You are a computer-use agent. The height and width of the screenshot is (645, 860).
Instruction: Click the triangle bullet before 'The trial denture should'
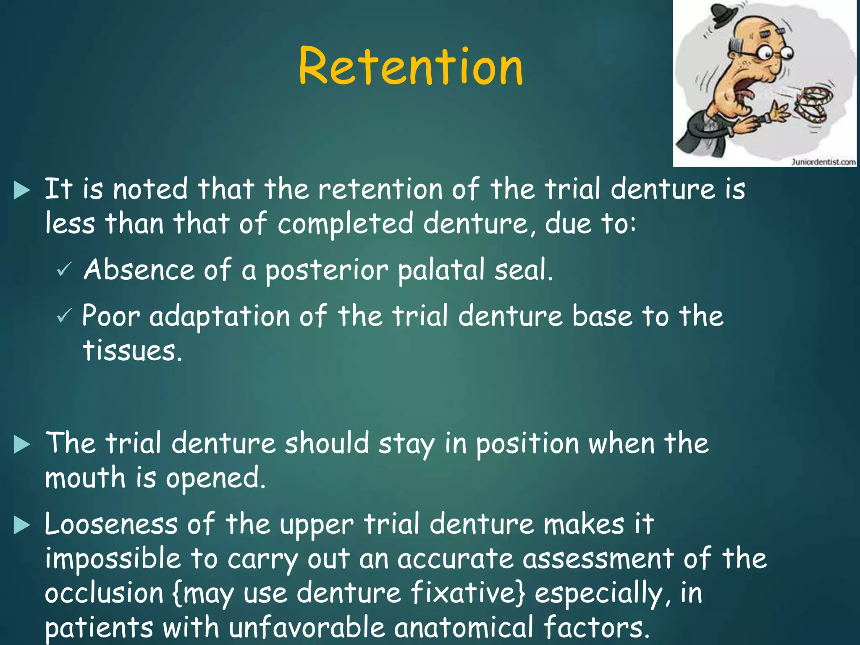22,445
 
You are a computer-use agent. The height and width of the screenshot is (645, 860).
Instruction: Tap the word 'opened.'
216,479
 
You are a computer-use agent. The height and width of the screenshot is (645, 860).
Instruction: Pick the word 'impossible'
113,560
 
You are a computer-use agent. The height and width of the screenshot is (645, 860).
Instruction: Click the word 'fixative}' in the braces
467,593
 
